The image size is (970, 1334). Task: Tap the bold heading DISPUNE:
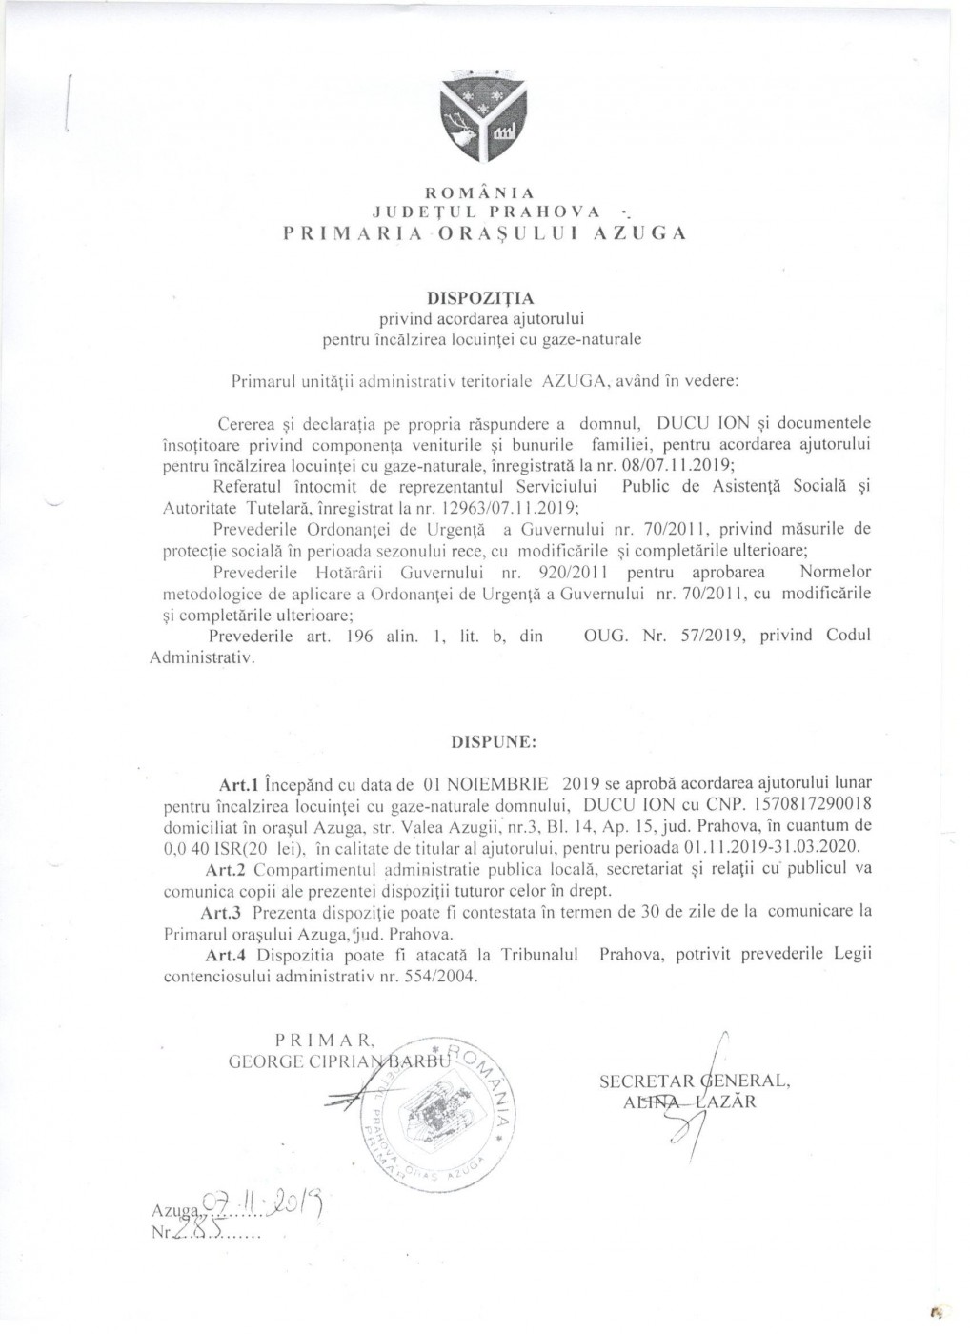click(482, 738)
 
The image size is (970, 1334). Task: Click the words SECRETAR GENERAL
click(695, 1081)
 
